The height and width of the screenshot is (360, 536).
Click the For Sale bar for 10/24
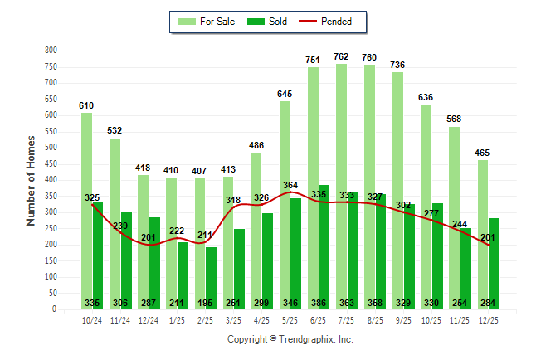pos(85,211)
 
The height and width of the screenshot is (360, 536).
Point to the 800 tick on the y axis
pos(51,51)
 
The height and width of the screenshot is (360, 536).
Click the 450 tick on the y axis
pos(51,164)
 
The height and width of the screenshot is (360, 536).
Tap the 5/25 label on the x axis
pos(290,319)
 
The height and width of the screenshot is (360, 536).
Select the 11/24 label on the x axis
pos(119,319)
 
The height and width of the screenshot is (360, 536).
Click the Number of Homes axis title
pos(31,180)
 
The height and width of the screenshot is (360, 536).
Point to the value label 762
pos(341,57)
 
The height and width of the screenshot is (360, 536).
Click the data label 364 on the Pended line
pos(290,185)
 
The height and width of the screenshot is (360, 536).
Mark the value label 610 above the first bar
pos(86,106)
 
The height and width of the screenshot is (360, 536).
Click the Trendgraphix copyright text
pos(290,339)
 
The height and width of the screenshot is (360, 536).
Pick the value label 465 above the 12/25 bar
pos(482,153)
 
